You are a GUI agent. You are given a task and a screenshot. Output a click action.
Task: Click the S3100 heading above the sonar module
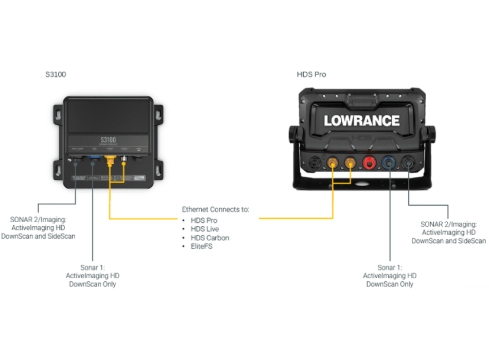click(x=56, y=75)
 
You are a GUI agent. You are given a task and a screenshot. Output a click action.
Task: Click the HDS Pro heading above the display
click(x=311, y=75)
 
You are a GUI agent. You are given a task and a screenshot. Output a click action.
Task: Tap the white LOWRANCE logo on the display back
click(x=361, y=121)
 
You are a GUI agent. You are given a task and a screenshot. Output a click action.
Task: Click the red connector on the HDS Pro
click(x=369, y=163)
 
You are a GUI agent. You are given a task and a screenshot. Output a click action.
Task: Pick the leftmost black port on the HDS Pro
click(x=313, y=162)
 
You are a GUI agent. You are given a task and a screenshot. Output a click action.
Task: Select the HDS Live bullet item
click(x=205, y=229)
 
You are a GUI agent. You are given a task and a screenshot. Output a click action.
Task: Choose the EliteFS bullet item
click(x=202, y=247)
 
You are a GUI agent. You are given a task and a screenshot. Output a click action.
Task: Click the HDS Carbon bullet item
click(x=209, y=238)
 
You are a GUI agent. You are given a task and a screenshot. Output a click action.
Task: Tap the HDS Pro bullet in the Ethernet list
click(x=204, y=220)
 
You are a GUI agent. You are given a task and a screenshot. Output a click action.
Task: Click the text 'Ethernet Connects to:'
click(x=215, y=210)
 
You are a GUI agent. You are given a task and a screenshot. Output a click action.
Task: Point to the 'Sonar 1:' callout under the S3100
click(x=93, y=267)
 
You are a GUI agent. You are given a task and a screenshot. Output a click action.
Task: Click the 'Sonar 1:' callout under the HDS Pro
click(x=390, y=267)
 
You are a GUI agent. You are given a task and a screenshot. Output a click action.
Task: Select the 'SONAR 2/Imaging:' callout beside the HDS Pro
click(x=448, y=224)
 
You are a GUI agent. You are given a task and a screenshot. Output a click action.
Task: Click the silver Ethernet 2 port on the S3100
click(x=124, y=161)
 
